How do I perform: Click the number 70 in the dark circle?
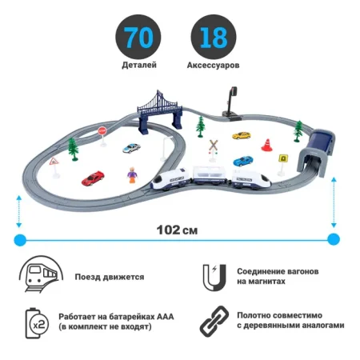138,37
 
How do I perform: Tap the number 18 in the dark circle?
214,37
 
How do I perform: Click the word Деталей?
139,65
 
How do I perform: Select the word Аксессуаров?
213,65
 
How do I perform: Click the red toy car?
93,178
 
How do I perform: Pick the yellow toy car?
242,135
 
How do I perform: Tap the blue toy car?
243,161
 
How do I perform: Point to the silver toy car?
131,148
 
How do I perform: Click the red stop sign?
102,131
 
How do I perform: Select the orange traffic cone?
266,145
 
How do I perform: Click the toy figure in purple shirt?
132,174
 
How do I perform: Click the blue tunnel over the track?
317,152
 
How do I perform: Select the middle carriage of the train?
210,174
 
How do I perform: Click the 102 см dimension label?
177,230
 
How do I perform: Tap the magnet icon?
214,278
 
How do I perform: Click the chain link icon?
214,321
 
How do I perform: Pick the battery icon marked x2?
37,323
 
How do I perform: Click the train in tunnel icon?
41,274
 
